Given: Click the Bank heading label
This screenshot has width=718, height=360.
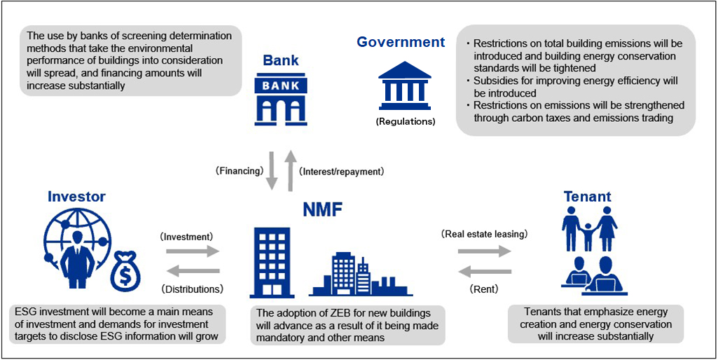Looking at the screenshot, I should [x=280, y=60].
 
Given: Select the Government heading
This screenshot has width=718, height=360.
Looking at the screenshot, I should [x=401, y=42].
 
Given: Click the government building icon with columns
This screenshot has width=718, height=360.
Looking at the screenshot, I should [x=405, y=85].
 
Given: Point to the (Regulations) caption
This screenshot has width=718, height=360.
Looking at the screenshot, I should [x=405, y=121].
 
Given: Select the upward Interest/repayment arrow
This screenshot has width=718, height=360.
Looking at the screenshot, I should [x=291, y=170].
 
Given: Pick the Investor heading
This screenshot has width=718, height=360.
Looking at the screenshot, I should [x=76, y=197].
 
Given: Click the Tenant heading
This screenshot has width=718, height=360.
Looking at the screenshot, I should [x=587, y=197].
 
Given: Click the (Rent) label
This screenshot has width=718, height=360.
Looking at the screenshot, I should [x=485, y=288].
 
